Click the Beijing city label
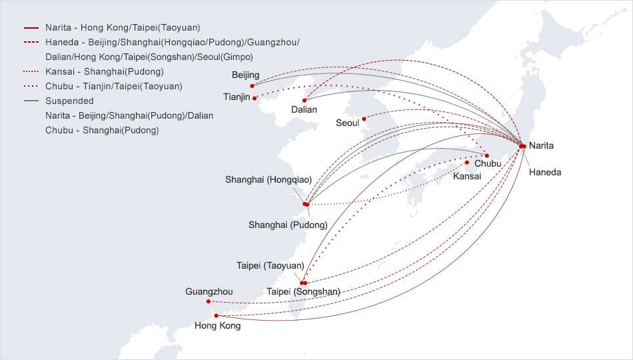245,75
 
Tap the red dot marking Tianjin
255,98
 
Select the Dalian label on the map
304,109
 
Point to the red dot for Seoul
364,119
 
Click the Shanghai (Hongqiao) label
269,180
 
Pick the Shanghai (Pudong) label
288,225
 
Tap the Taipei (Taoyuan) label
270,266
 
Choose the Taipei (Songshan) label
303,292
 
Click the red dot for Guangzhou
209,301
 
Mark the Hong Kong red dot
216,316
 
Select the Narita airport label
541,146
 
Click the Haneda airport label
545,173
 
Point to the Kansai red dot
467,163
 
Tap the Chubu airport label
488,163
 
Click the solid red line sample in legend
31,28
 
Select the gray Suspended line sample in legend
31,101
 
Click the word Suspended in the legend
69,101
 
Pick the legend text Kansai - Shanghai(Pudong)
105,72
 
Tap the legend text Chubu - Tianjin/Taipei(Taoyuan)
114,87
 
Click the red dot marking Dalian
305,101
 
